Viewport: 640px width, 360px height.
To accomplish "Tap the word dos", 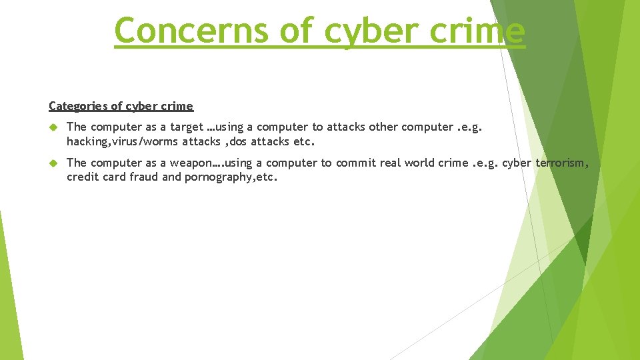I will coord(238,141).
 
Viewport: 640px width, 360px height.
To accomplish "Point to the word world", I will coord(427,163).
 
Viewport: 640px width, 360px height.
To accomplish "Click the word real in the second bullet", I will coord(399,163).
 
